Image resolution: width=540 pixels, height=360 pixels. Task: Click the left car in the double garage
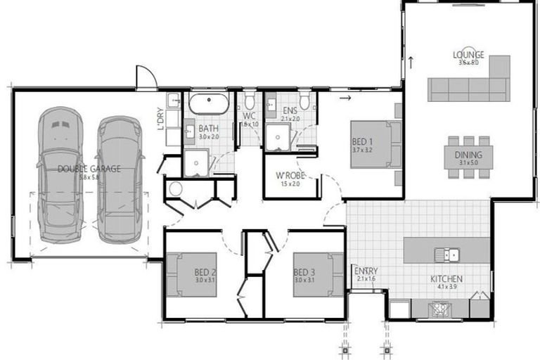pos(60,176)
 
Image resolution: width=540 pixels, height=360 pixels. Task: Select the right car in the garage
pos(119,179)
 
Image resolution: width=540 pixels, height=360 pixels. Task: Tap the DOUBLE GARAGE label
pos(89,169)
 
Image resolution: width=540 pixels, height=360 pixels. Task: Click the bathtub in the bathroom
pos(208,104)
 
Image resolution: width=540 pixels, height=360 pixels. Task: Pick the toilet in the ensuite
pos(304,101)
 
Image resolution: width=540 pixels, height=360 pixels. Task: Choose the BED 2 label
pos(205,271)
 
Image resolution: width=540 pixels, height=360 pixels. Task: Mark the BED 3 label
pos(304,271)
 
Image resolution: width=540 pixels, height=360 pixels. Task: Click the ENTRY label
pos(366,271)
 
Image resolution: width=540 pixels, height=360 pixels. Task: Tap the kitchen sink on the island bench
pos(446,255)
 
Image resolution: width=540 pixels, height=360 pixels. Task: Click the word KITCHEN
pos(446,279)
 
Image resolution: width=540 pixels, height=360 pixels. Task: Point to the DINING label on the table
pos(468,155)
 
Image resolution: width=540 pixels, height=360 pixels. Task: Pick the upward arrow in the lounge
pos(409,61)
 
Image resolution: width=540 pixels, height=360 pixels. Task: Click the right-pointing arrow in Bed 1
pos(344,98)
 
